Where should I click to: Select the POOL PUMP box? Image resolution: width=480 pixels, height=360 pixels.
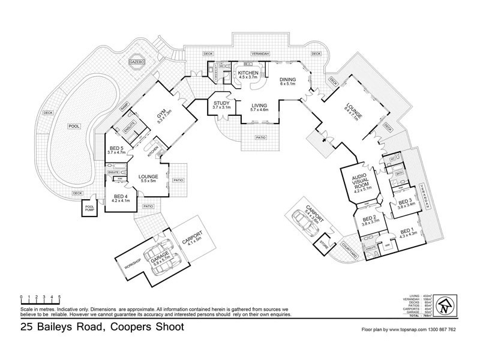pos(91,208)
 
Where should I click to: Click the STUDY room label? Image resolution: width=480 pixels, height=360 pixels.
pos(221,105)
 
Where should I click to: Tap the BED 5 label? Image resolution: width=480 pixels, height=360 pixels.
pos(118,150)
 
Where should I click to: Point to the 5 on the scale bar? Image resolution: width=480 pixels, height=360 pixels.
pos(59,297)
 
